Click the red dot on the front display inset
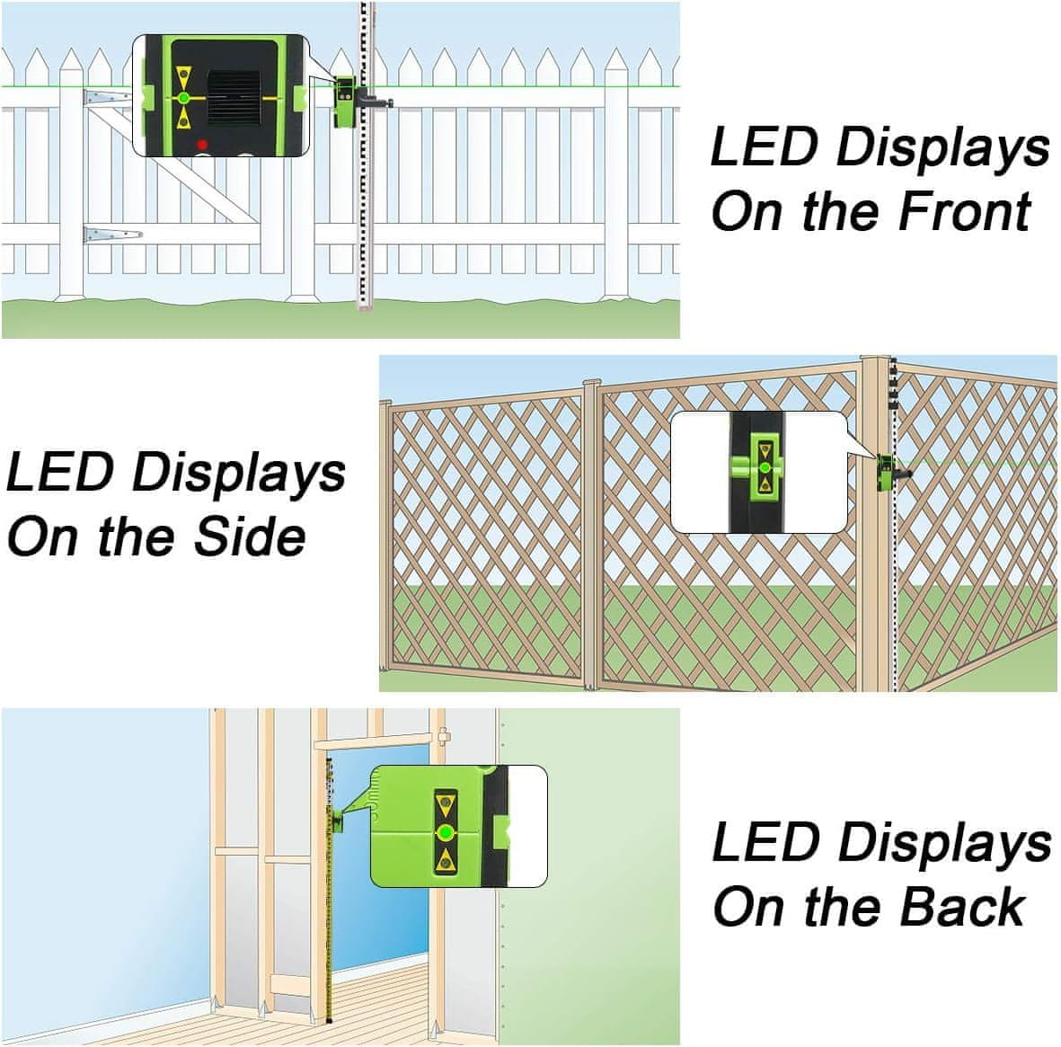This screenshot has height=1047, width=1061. point(201,144)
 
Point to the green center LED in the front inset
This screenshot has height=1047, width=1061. point(183,98)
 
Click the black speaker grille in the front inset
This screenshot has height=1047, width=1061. point(234,97)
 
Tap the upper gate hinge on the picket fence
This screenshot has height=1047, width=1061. point(106,97)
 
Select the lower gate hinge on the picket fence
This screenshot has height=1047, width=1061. point(111,235)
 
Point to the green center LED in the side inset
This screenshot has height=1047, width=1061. point(765,467)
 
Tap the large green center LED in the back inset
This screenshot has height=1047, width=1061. point(446,832)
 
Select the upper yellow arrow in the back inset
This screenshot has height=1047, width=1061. point(446,805)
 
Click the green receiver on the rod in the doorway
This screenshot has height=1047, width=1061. point(337,821)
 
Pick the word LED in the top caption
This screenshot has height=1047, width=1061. point(764,146)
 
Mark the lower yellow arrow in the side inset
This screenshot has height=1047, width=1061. point(765,484)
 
